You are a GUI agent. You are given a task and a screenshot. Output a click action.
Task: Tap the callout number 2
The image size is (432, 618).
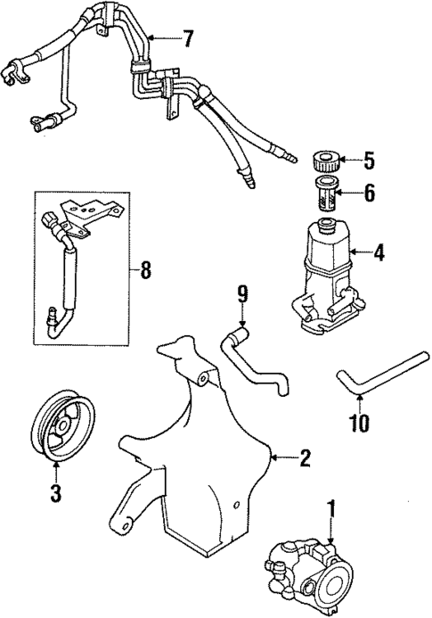point(305,458)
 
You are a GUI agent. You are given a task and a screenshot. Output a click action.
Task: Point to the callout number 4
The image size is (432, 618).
point(379,253)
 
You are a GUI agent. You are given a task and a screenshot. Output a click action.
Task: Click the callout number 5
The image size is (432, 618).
point(369,161)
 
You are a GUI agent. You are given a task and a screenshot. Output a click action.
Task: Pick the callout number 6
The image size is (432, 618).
point(369,191)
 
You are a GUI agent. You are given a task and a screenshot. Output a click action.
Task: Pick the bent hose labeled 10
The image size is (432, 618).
point(374,375)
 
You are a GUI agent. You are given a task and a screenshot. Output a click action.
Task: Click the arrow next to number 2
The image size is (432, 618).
point(282,457)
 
